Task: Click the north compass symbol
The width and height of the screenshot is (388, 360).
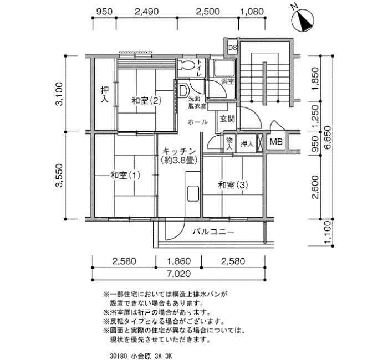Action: [303, 20]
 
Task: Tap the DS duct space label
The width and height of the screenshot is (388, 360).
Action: [233, 47]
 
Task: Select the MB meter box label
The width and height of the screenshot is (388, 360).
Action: [276, 142]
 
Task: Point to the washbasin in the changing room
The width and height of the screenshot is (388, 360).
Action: [183, 90]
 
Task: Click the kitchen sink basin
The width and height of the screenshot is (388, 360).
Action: [193, 193]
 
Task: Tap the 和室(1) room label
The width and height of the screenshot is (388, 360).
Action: [125, 176]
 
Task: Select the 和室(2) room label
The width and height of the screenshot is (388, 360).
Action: [146, 101]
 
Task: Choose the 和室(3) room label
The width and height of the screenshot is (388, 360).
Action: [233, 185]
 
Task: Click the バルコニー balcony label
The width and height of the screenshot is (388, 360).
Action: [213, 232]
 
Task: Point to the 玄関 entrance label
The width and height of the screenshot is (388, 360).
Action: [227, 119]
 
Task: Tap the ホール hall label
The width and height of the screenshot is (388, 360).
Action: [197, 122]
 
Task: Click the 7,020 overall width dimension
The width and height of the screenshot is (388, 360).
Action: [179, 274]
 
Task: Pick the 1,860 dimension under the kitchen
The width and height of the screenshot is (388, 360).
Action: [179, 261]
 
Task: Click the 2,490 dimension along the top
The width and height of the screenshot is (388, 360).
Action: [146, 12]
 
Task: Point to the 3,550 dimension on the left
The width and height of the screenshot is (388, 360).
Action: [59, 176]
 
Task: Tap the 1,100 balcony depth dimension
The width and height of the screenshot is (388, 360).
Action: [328, 232]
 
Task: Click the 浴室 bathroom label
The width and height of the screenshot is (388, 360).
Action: [228, 81]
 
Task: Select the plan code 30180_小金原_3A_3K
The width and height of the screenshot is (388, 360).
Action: [141, 356]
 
